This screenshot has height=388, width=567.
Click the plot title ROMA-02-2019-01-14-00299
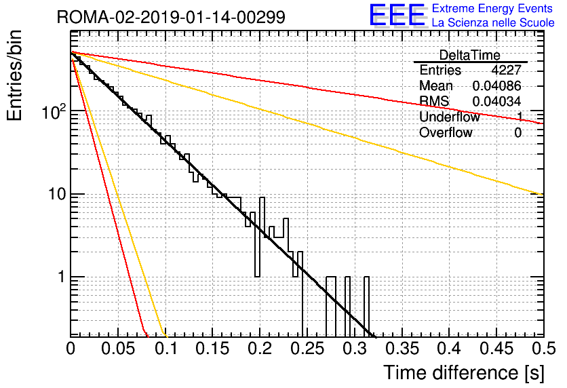coord(171,17)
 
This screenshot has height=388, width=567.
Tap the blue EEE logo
coord(397,15)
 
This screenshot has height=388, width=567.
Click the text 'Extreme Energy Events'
coord(492,8)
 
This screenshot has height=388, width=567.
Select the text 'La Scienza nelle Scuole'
coord(493,23)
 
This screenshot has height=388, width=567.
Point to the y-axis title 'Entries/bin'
coord(14,75)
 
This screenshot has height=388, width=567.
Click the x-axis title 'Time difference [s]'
coord(464,373)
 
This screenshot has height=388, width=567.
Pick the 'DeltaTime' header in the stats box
coord(470,56)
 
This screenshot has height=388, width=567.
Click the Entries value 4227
coord(506,70)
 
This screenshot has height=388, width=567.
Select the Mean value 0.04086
coord(497,85)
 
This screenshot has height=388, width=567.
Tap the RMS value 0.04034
coord(497,102)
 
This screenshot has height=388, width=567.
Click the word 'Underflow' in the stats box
coord(450,117)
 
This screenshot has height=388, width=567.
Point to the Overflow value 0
coord(517,133)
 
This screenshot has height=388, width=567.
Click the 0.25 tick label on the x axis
coord(307,349)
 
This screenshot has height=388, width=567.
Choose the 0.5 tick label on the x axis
coord(543,349)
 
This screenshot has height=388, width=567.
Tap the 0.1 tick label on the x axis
coord(166,349)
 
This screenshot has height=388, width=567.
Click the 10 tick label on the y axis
coord(57,194)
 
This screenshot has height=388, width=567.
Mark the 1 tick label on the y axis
coord(61,277)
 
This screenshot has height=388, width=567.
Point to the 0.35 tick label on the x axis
coord(402,349)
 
